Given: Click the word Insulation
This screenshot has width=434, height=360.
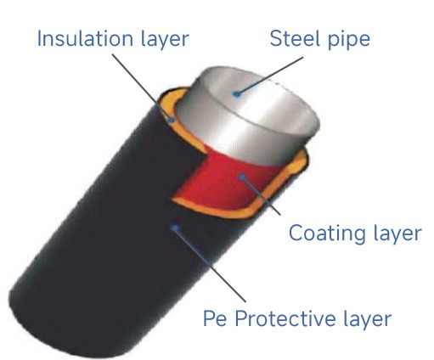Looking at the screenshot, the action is click(x=85, y=38).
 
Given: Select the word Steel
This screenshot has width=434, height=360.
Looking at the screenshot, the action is click(x=295, y=38).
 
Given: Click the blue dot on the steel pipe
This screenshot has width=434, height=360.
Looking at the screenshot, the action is click(x=237, y=94).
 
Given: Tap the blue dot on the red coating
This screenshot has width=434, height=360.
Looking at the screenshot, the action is click(x=242, y=177).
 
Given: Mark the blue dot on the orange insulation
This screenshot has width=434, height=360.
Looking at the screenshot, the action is click(x=171, y=120).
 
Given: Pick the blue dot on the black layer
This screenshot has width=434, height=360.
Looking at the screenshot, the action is click(x=176, y=228).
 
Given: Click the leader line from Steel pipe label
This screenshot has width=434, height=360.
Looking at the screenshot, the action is click(x=270, y=76).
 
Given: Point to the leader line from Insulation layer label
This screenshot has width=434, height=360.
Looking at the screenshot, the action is click(x=142, y=87).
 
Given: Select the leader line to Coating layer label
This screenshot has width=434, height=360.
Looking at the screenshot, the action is click(x=261, y=196).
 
